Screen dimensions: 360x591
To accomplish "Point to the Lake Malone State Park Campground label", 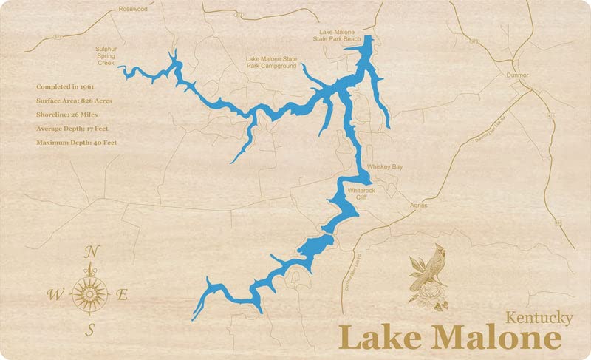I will [271, 62].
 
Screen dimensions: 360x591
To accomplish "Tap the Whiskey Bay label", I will [384, 168].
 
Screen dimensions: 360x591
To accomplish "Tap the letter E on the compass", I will [123, 295].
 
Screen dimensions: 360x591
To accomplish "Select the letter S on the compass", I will [90, 329].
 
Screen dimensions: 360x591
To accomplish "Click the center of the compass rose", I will [90, 294].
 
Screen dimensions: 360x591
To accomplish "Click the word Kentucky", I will [539, 318].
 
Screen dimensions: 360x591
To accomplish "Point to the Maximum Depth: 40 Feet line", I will [77, 142].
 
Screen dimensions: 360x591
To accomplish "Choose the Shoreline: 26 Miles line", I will [67, 115].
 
